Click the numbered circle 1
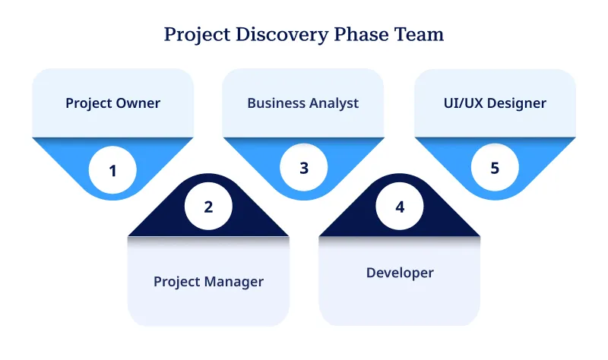point(112,170)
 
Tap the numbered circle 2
point(208,207)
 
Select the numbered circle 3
point(304,169)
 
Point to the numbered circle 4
point(400,207)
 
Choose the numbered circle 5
point(495,168)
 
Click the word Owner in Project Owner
point(137,103)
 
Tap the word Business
point(274,103)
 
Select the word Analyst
point(331,103)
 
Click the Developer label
point(400,273)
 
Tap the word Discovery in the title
point(270,35)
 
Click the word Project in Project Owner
point(87,103)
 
